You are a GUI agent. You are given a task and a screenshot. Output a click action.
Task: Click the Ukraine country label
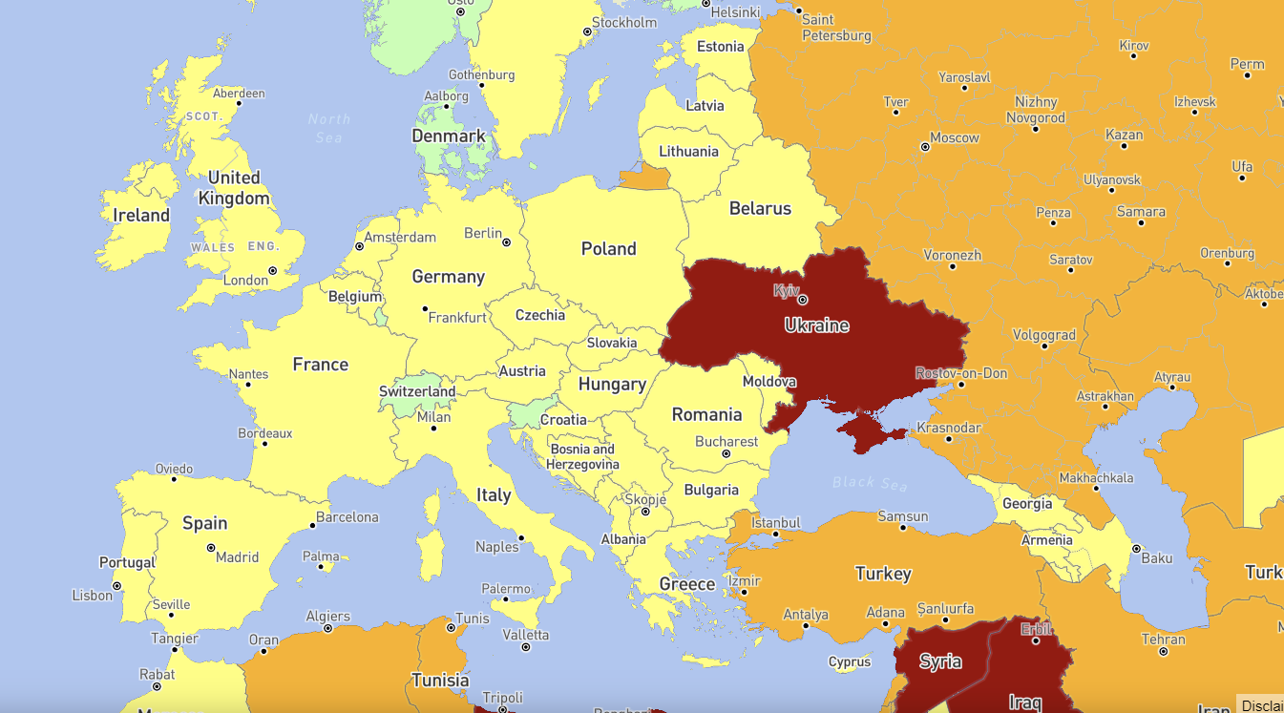point(816,325)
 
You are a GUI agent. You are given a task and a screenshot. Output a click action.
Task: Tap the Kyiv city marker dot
point(802,300)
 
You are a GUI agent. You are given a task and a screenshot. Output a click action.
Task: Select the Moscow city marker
point(925,147)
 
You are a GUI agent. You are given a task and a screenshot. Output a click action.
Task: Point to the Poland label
point(608,249)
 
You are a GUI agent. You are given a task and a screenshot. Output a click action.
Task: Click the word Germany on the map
point(448,277)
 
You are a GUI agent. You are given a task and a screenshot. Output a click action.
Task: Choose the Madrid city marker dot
point(211,548)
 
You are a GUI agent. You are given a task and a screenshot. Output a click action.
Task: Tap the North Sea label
point(328,128)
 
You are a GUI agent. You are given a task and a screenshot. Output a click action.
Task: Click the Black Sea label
point(869,483)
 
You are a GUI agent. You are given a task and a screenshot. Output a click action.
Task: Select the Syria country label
point(940,661)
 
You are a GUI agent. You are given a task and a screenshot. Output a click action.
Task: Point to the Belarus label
point(760,208)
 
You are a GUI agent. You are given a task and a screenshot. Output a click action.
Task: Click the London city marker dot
point(273,271)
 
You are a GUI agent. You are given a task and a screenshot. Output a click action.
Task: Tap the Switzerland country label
point(417,391)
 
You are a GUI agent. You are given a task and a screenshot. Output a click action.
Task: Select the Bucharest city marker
point(726,454)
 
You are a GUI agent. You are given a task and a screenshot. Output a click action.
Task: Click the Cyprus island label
point(850,661)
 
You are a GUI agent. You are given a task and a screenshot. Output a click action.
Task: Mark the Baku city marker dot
point(1136,549)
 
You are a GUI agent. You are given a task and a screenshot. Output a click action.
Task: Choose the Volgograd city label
point(1043,335)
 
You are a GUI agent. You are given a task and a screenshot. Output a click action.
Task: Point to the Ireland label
point(141,216)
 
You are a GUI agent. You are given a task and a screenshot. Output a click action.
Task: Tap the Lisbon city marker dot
point(116,586)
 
